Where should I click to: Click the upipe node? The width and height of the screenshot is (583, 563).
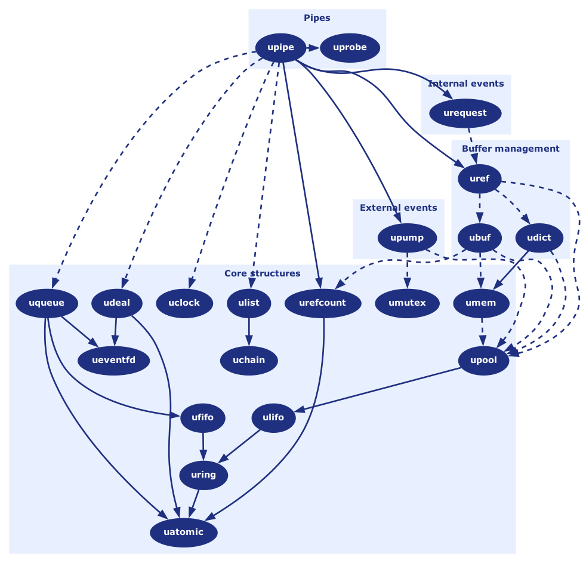280,48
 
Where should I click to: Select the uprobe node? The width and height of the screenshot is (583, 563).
350,48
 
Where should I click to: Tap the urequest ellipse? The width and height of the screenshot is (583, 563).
465,113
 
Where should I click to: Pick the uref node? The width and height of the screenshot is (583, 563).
479,179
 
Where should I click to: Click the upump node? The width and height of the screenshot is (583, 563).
407,238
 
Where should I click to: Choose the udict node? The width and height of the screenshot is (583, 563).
539,238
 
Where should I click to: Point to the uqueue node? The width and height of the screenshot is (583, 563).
46,303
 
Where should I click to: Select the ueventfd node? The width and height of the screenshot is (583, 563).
114,360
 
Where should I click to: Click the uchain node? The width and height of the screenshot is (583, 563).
249,360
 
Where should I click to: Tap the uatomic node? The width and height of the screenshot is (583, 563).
183,532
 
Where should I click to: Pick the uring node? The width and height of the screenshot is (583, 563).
203,475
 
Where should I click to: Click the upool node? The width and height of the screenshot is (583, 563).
483,360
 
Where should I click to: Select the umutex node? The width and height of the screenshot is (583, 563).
407,303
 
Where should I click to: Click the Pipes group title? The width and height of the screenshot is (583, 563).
317,18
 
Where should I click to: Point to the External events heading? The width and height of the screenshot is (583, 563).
398,208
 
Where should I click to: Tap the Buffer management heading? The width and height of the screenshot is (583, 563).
510,149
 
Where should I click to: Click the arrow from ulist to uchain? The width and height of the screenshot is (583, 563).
249,331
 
